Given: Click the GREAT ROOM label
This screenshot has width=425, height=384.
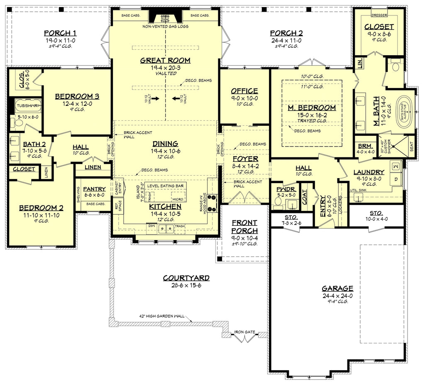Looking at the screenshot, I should click(x=165, y=60).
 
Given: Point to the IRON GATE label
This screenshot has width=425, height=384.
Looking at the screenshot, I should click(x=245, y=332).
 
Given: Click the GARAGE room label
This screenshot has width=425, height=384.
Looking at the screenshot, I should click(x=337, y=288).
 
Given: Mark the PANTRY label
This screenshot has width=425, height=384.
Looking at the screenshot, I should click(x=94, y=189).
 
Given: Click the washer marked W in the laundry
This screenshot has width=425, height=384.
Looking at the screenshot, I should click(x=395, y=166).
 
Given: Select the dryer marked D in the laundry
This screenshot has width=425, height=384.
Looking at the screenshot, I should click(x=395, y=179).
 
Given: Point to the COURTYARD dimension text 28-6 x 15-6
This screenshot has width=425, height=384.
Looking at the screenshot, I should click(x=186, y=285).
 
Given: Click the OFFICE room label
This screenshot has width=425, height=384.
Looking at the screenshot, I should click(x=244, y=91).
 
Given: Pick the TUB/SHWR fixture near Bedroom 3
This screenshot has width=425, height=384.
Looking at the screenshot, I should click(x=28, y=106).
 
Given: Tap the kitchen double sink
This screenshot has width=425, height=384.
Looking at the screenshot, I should click(x=167, y=227).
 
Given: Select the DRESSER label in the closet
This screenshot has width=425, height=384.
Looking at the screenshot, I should click(x=378, y=15).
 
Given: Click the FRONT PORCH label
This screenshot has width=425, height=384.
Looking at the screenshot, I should click(x=244, y=226).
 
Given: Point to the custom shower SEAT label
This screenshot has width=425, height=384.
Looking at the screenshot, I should click(x=412, y=147).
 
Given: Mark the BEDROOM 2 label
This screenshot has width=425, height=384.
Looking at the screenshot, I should click(x=41, y=208).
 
